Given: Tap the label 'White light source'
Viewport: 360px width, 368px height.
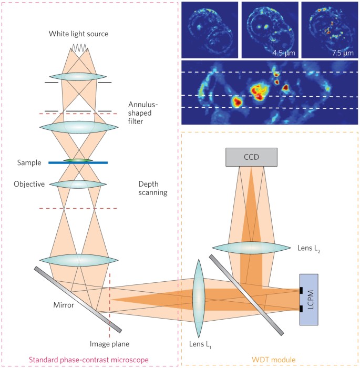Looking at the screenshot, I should point(79,34).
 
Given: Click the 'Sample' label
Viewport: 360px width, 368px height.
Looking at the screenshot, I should point(28,163).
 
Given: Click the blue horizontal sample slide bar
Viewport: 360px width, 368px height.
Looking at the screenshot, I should point(78,162).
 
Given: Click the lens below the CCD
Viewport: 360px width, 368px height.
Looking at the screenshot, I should point(251,247).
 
